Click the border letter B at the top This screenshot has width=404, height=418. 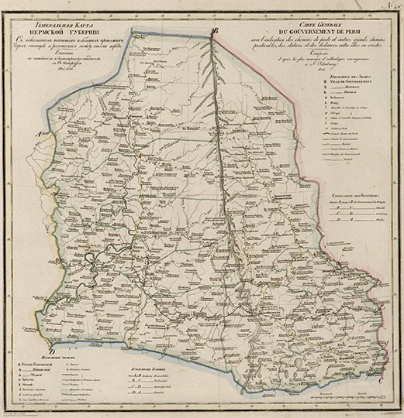point(216,31)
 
